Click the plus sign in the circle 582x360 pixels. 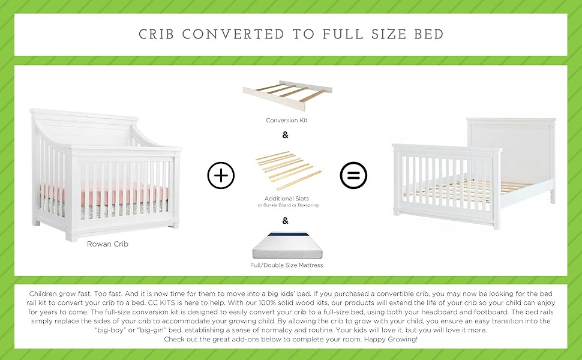point(221,175)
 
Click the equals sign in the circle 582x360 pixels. point(353,175)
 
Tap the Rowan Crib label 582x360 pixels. point(107,244)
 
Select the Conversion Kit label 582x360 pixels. point(287,120)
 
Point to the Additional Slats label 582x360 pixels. point(287,199)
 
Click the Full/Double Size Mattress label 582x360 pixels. point(287,265)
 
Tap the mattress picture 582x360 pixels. point(287,245)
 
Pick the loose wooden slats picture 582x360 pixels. point(289,170)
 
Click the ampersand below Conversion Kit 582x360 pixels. point(285,135)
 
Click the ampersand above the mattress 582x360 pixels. point(285,221)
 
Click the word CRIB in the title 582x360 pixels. point(156,35)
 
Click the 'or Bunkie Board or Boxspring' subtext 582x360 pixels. point(288,205)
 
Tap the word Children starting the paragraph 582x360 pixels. point(43,293)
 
